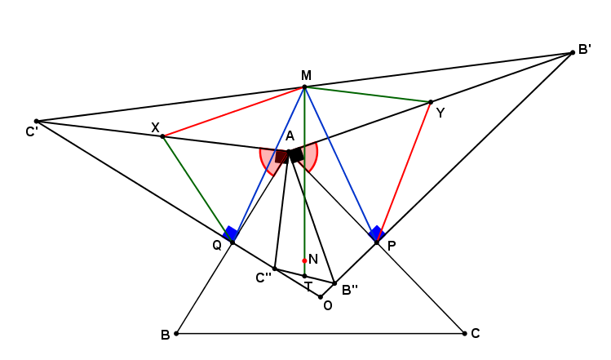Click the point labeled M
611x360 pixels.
[305, 87]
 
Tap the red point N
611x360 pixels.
[304, 260]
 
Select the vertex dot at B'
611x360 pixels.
[573, 53]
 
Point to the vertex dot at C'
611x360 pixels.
[37, 122]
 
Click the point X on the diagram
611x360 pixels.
[163, 136]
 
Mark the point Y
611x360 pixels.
[431, 102]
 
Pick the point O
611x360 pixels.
[321, 297]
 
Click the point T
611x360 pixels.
[305, 276]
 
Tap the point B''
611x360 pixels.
[334, 283]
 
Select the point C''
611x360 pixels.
[275, 269]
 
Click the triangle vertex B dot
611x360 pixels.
[176, 334]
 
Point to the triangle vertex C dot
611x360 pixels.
[464, 334]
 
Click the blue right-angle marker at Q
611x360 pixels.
[230, 233]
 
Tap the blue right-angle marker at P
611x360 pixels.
[377, 233]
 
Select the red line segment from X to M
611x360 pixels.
[234, 112]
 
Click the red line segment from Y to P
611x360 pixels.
[404, 172]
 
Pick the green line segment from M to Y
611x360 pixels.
[367, 95]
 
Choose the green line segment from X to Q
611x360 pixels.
[197, 189]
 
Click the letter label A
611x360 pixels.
[290, 136]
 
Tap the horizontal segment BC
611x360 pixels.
[321, 334]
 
